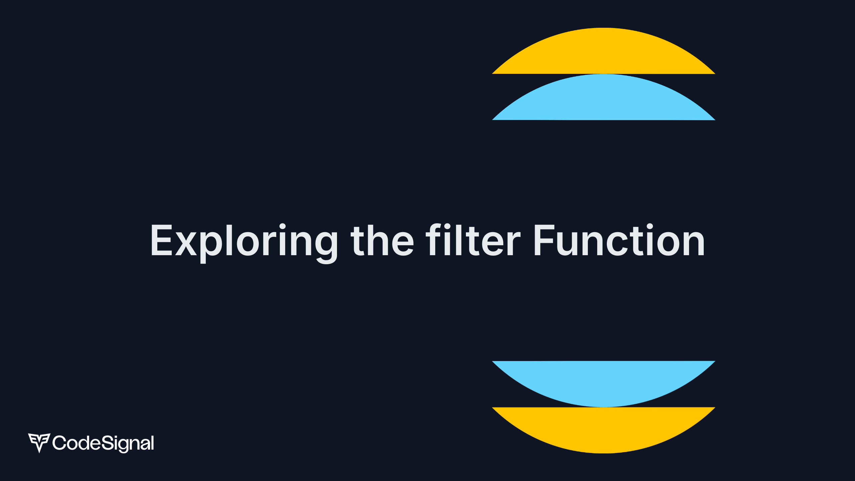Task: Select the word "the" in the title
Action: (x=382, y=240)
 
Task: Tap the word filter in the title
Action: (x=473, y=239)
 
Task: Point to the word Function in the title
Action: (x=620, y=239)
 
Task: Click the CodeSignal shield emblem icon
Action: (x=39, y=443)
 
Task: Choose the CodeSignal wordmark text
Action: (x=103, y=443)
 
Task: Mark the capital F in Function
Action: (x=545, y=240)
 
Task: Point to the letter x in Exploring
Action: (x=186, y=244)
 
